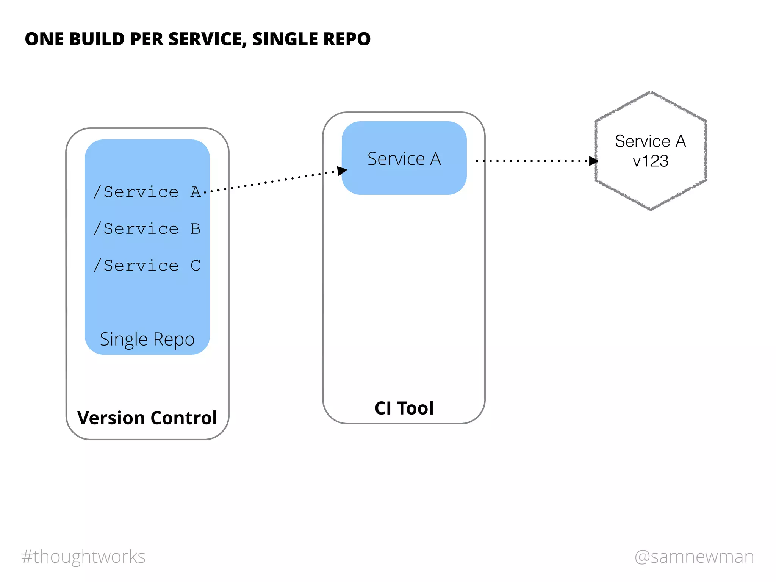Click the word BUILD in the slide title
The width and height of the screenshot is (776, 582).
coord(97,39)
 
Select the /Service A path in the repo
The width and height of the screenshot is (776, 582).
coord(147,192)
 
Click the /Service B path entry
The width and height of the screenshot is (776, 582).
coord(147,228)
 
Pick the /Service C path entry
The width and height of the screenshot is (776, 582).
coord(147,265)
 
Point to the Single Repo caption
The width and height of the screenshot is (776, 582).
coord(147,339)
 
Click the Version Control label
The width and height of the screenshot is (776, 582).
coord(147,418)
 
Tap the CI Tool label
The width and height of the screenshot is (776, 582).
coord(404,408)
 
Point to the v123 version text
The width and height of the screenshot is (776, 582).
coord(651,161)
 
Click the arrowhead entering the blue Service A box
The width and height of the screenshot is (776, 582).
coord(342,171)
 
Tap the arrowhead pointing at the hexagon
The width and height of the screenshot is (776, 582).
coord(593,161)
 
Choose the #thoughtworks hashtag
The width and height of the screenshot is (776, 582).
coord(84,556)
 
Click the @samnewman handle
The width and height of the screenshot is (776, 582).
coord(694,556)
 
